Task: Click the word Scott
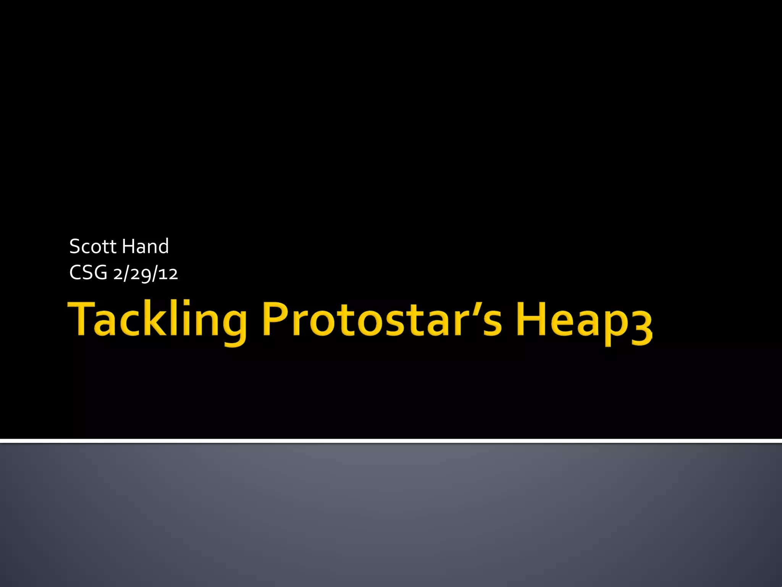tap(92, 246)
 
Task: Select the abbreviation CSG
tap(88, 273)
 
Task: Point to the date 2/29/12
tap(145, 274)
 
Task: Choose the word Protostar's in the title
tap(382, 319)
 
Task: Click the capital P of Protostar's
tap(274, 318)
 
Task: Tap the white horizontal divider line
tap(391, 441)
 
